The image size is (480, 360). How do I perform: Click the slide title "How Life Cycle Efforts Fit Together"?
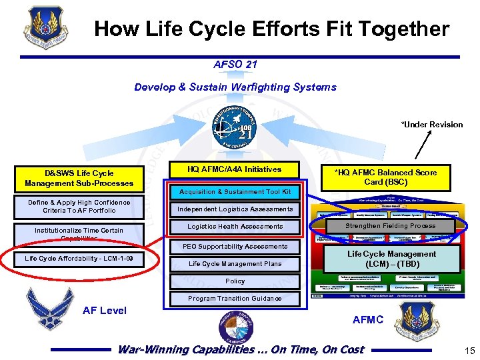[272, 29]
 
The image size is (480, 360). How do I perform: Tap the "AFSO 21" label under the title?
[235, 65]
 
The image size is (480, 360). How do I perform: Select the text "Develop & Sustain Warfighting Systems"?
[235, 87]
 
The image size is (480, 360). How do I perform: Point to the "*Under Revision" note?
[431, 125]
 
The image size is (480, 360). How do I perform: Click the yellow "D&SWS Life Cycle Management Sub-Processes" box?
[79, 178]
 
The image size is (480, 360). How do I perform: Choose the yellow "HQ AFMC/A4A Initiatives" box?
[235, 169]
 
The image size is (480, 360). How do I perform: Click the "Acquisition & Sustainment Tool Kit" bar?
[235, 192]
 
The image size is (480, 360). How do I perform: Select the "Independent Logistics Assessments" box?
[235, 209]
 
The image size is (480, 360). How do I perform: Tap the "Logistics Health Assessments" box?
[235, 227]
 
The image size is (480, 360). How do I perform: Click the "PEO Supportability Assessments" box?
[235, 247]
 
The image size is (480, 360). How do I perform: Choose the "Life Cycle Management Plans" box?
[235, 264]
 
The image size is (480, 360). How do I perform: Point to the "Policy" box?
[235, 281]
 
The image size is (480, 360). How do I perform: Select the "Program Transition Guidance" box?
[235, 299]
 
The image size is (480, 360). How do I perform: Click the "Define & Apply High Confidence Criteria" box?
[79, 207]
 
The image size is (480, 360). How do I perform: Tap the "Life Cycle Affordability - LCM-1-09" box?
[79, 259]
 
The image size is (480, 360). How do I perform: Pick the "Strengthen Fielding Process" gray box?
[391, 226]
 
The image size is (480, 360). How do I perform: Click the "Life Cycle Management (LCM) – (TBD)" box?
[391, 259]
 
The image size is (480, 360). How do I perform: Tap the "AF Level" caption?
[104, 311]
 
